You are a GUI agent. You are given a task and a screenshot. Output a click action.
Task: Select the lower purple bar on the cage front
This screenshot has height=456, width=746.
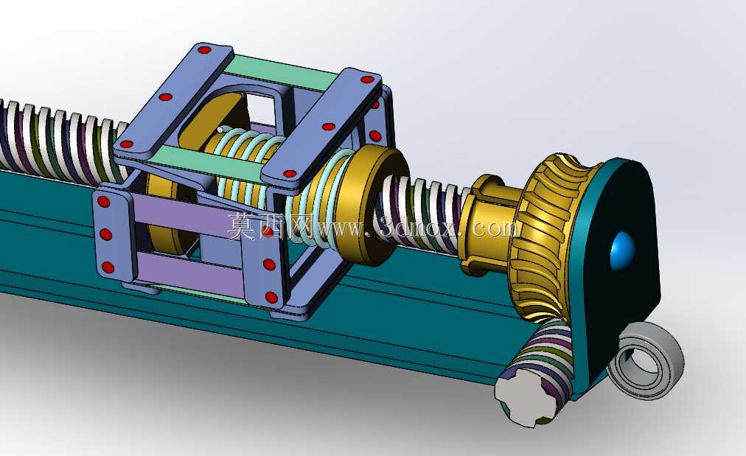click(190, 272)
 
